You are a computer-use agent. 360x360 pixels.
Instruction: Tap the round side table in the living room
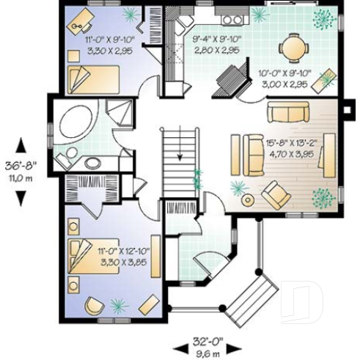[x=247, y=199]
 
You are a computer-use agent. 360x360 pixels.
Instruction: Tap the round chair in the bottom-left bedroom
[x=94, y=306]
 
